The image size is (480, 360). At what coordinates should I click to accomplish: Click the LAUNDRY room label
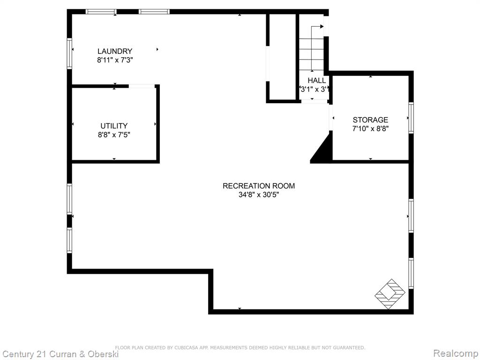[115, 51]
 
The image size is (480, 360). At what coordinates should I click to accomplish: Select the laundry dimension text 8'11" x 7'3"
[115, 60]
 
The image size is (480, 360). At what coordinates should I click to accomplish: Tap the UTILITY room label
[114, 126]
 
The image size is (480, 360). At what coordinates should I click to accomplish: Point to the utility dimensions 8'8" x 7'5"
[114, 135]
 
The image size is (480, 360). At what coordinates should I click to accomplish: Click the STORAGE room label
[370, 120]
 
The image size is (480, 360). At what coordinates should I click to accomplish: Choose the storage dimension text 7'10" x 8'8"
[370, 128]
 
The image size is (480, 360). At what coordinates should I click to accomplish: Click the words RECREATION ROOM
[259, 186]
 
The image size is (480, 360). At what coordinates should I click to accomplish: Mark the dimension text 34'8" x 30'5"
[259, 195]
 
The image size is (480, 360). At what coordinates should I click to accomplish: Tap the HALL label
[317, 81]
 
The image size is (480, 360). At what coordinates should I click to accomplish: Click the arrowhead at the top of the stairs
[322, 27]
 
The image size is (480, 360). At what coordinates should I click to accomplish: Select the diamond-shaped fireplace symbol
[390, 294]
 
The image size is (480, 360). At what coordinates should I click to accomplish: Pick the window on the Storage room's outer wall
[411, 118]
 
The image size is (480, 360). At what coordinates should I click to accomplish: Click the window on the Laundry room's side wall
[69, 53]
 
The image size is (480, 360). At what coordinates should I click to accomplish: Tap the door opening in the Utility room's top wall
[142, 86]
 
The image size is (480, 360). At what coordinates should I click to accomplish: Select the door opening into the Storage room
[331, 118]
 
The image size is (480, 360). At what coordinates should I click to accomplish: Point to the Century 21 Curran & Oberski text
[60, 354]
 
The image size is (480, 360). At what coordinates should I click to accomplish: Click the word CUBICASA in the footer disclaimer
[187, 347]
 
